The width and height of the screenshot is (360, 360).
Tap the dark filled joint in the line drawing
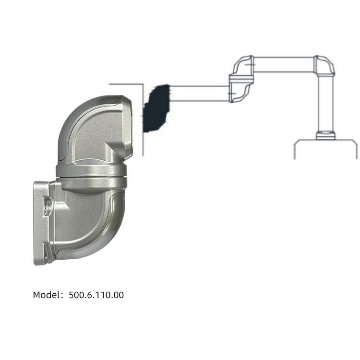[156, 108]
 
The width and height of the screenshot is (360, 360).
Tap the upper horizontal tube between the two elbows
[283, 64]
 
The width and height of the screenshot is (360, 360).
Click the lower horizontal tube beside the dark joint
[199, 94]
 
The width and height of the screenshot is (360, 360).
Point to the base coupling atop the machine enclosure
[326, 135]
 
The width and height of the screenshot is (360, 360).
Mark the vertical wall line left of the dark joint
[143, 120]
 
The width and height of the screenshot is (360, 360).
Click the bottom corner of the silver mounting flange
[38, 262]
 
